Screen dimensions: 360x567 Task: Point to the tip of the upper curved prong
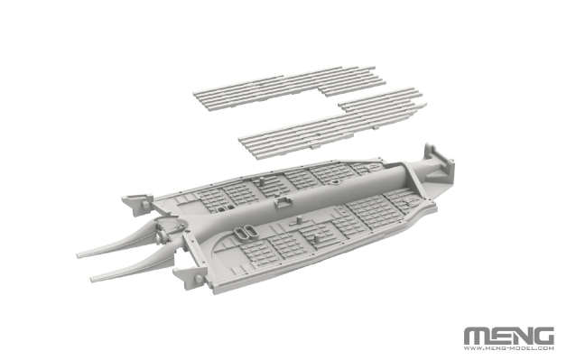click(x=79, y=255)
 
